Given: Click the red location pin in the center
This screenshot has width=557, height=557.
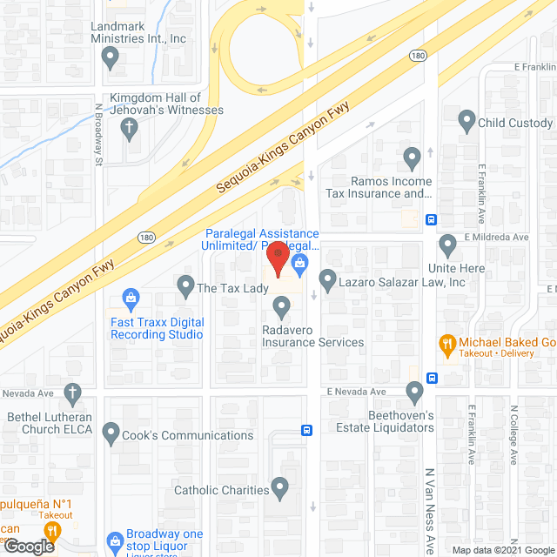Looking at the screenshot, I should (x=278, y=258).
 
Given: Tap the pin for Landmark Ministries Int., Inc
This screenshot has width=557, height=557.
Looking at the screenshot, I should (x=110, y=58).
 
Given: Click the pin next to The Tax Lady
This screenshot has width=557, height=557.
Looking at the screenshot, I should (x=185, y=285).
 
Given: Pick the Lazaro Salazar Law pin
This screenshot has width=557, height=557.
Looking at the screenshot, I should (x=328, y=280).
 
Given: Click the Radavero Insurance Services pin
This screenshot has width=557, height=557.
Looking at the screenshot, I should (x=281, y=306).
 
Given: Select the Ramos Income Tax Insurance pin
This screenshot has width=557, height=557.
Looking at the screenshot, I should (x=413, y=159).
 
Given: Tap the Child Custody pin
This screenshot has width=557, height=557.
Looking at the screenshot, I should (x=466, y=122).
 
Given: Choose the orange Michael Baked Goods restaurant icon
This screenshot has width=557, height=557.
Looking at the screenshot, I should (x=447, y=344).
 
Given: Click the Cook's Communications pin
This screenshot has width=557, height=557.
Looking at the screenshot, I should (x=111, y=433).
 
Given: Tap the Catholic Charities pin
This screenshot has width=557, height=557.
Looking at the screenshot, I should (x=280, y=488).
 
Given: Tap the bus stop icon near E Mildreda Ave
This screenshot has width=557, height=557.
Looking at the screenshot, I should (x=430, y=219).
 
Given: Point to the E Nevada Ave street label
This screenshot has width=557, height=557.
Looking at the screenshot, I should (x=357, y=392).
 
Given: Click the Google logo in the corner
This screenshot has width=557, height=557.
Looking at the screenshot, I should (x=28, y=547).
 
